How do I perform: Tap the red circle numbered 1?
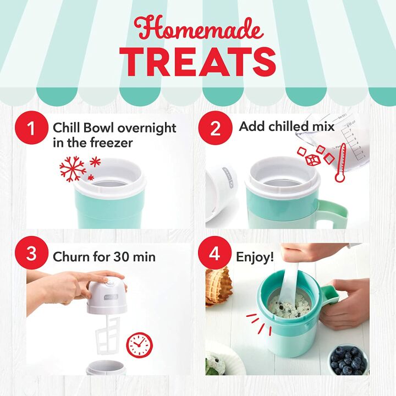click(x=32, y=129)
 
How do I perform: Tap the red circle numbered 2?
click(x=215, y=129)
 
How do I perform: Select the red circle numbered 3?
click(x=32, y=254)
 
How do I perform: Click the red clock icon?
click(x=140, y=344)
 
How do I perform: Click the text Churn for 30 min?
click(x=104, y=257)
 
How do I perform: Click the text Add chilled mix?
click(x=287, y=127)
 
